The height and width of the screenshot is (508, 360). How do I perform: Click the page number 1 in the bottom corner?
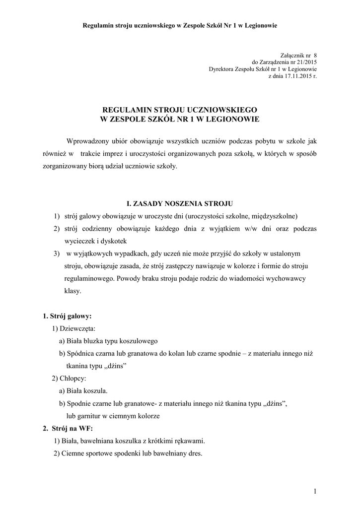pos(315,491)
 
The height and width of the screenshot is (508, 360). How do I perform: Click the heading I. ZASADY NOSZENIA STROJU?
pos(180,203)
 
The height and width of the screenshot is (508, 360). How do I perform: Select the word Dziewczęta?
pos(78,328)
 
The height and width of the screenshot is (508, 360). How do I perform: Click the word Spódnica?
pos(81,353)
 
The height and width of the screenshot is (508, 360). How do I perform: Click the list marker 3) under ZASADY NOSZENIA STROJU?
pos(58,253)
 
